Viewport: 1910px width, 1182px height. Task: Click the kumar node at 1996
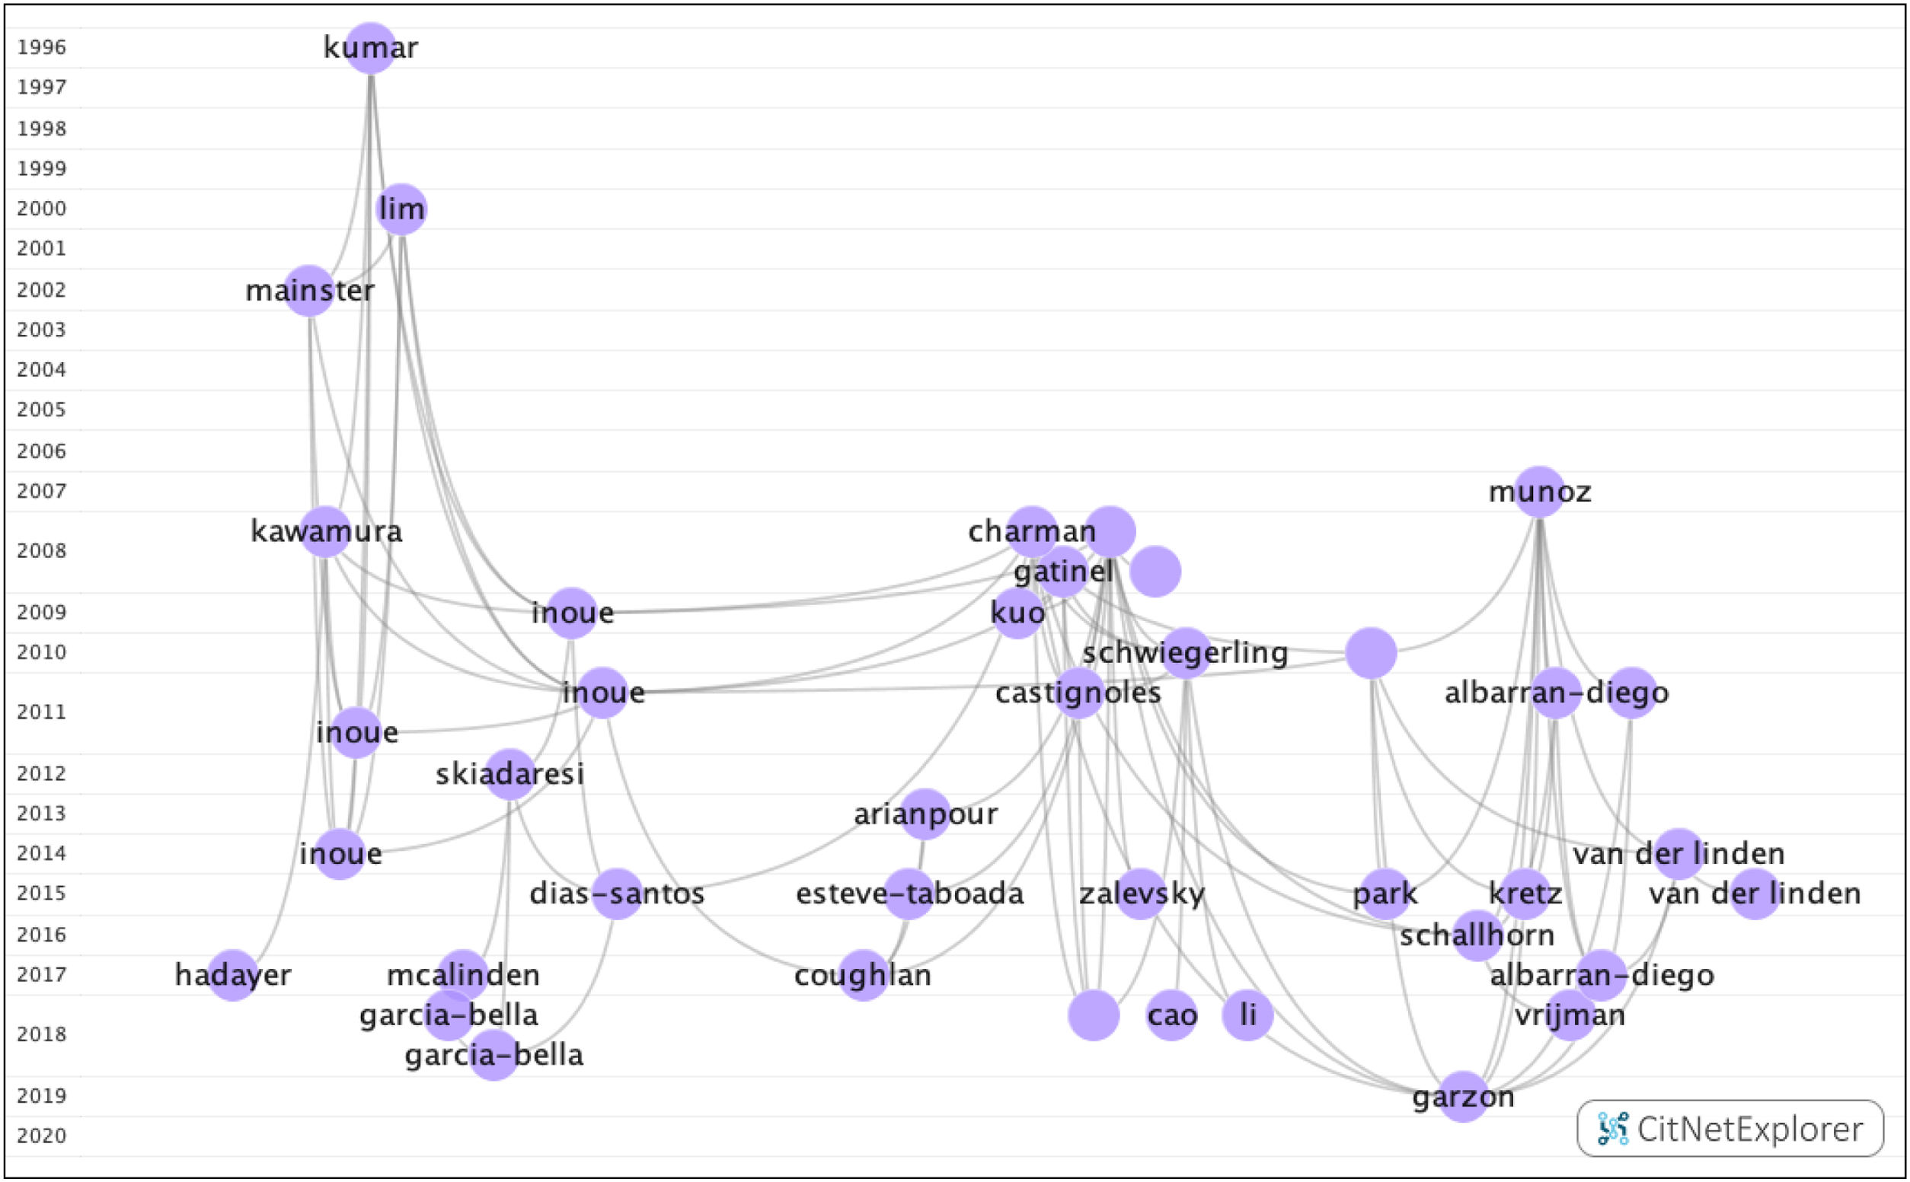[x=371, y=49]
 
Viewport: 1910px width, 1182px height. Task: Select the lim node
[x=401, y=209]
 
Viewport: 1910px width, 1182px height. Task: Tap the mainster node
[x=310, y=291]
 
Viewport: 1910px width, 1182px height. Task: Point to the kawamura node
[x=325, y=531]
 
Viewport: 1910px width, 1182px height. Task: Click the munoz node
[x=1539, y=492]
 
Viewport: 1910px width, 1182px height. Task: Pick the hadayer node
[x=233, y=975]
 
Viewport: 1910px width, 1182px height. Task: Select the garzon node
[x=1463, y=1097]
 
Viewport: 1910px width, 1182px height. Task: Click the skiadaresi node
[x=510, y=774]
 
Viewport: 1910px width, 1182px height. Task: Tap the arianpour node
[x=925, y=814]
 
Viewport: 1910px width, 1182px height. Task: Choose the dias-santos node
[x=617, y=894]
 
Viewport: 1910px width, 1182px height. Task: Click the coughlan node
[x=864, y=975]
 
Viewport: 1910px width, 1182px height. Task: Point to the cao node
[x=1171, y=1015]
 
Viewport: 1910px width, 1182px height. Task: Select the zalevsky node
[x=1140, y=894]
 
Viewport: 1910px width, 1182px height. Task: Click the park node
[x=1385, y=894]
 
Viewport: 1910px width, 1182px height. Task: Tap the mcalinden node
[x=463, y=975]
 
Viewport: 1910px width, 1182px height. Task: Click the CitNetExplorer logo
[x=1730, y=1129]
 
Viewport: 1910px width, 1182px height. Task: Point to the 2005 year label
[x=41, y=409]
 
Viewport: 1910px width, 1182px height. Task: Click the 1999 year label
[x=41, y=168]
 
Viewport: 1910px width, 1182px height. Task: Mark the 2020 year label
[x=41, y=1136]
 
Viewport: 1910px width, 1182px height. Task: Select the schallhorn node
[x=1477, y=935]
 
